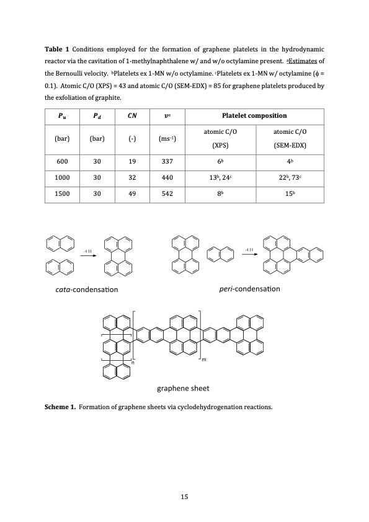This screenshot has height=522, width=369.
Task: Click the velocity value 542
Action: tap(167, 193)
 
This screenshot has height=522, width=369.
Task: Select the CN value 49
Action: tap(131, 193)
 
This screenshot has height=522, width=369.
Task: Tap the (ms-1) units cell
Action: tap(167, 138)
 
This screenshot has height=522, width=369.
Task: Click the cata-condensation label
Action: tap(87, 289)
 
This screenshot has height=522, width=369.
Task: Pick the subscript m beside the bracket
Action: tap(204, 360)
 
